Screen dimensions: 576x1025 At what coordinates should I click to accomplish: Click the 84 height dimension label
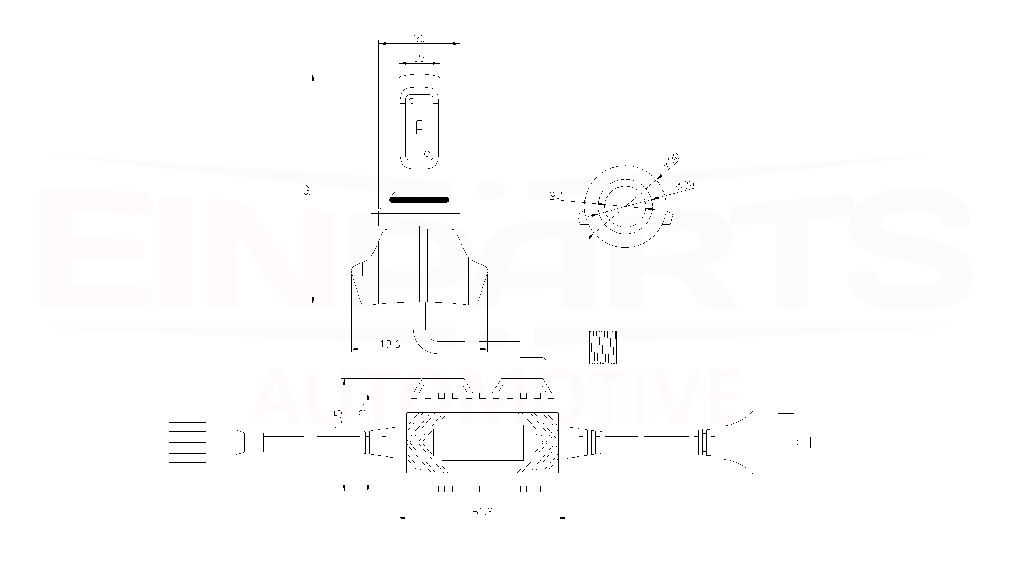click(307, 189)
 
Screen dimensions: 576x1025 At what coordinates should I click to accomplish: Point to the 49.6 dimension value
click(389, 344)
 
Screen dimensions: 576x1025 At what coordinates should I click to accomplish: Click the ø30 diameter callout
click(671, 160)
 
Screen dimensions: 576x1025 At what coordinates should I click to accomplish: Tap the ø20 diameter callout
click(685, 185)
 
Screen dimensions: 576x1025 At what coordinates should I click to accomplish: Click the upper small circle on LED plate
click(412, 101)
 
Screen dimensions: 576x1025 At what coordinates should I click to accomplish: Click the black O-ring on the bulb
click(419, 199)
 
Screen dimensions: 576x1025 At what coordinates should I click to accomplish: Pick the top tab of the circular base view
click(625, 161)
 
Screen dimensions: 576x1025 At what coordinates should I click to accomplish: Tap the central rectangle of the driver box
click(482, 442)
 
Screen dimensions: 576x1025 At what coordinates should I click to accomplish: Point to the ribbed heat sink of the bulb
click(419, 267)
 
